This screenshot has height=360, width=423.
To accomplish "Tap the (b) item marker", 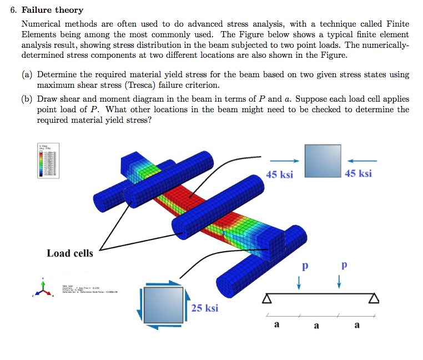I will [27, 99].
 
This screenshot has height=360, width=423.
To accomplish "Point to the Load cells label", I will [70, 253].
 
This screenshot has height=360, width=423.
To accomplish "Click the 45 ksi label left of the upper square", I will [279, 174].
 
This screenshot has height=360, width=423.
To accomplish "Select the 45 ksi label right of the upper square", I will [358, 173].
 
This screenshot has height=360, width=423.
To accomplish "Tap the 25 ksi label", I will [204, 308].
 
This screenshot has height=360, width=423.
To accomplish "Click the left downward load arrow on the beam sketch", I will [299, 283].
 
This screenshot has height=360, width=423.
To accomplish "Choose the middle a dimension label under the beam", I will [317, 326].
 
